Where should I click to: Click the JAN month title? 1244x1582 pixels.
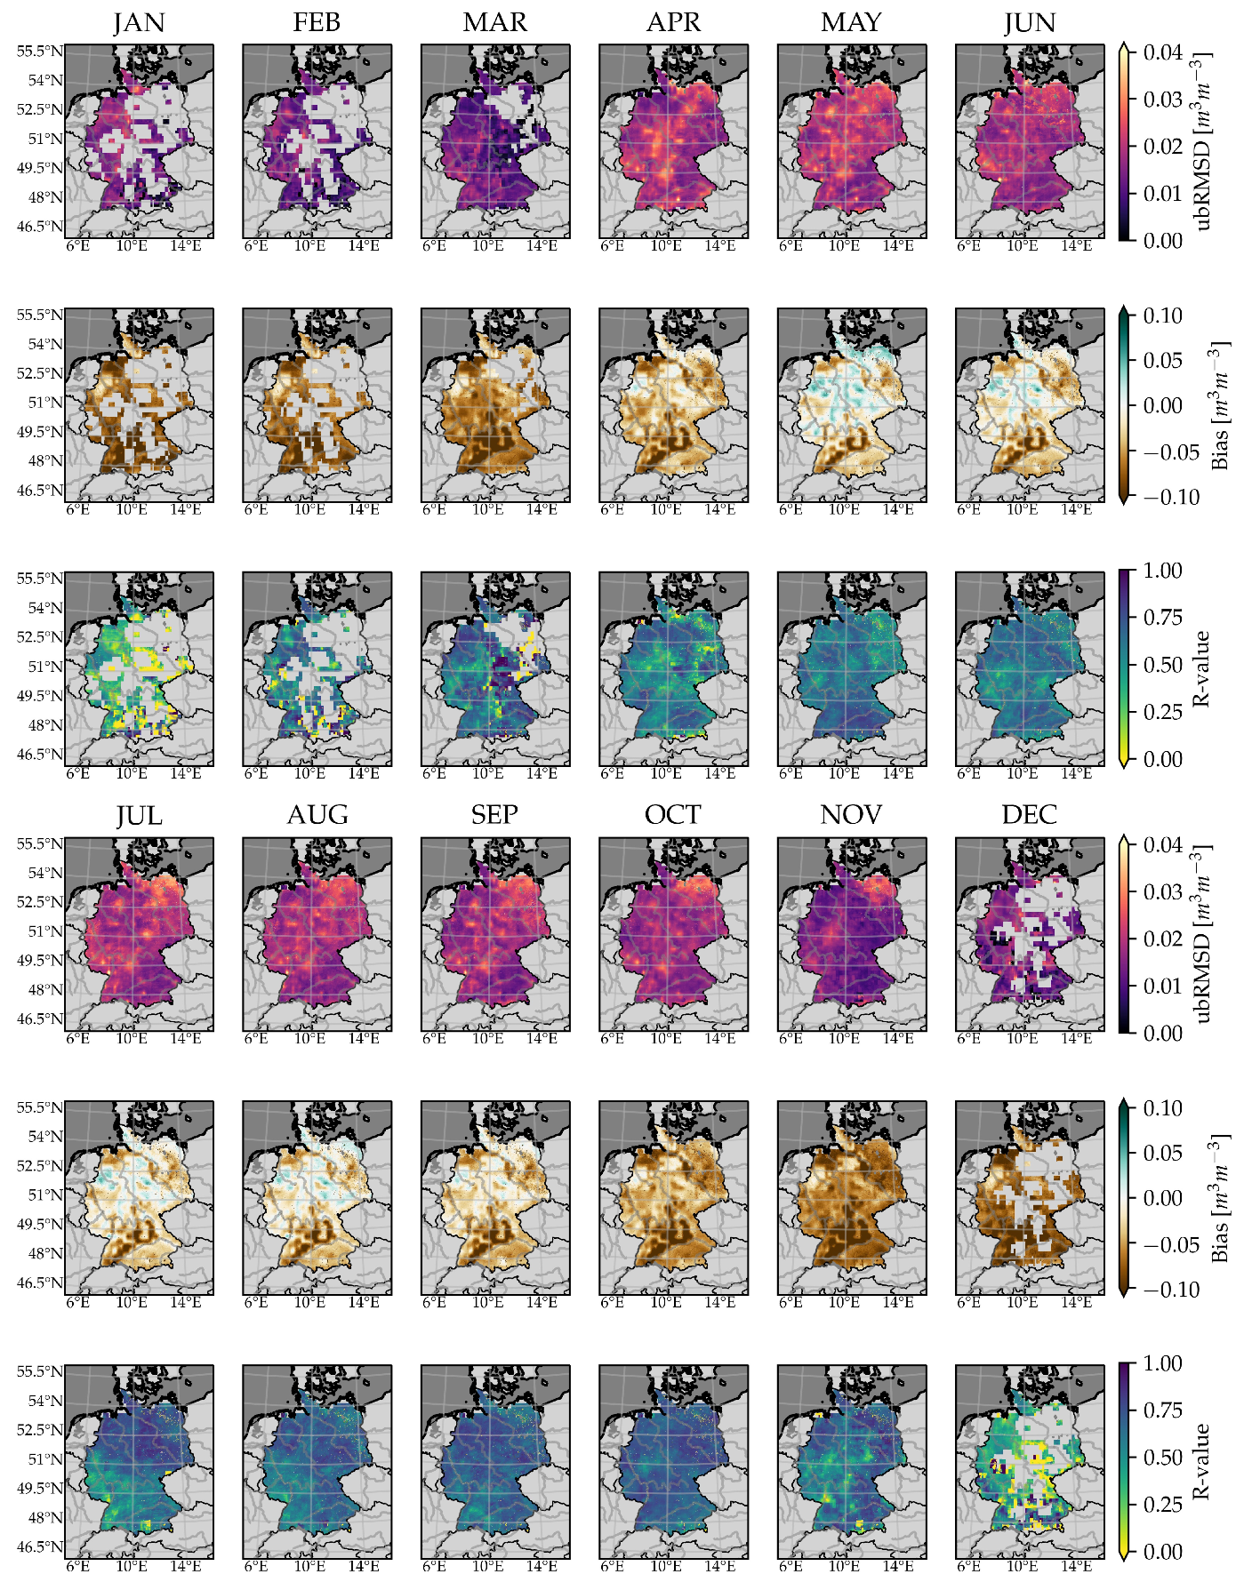140,22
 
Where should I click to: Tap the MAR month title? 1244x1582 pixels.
495,22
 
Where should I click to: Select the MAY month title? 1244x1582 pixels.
851,22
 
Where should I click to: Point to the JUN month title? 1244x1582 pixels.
1030,22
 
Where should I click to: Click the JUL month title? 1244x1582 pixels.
140,815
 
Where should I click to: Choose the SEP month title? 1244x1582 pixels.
495,815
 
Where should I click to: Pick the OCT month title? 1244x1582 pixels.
673,815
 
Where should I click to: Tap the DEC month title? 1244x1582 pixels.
1030,815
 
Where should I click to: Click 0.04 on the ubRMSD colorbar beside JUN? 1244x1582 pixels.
1163,52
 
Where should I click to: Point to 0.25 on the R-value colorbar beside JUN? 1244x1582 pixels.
1163,712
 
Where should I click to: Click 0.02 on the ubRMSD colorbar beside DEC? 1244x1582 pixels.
1163,939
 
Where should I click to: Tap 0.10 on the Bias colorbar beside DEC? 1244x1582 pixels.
1163,1108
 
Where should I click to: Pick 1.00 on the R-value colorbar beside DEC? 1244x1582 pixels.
1163,1363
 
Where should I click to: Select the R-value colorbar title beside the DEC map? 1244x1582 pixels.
1202,1461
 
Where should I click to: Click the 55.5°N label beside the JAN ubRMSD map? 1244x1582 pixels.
39,52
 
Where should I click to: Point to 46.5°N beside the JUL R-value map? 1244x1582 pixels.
39,1546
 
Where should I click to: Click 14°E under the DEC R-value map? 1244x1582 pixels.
1076,1566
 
